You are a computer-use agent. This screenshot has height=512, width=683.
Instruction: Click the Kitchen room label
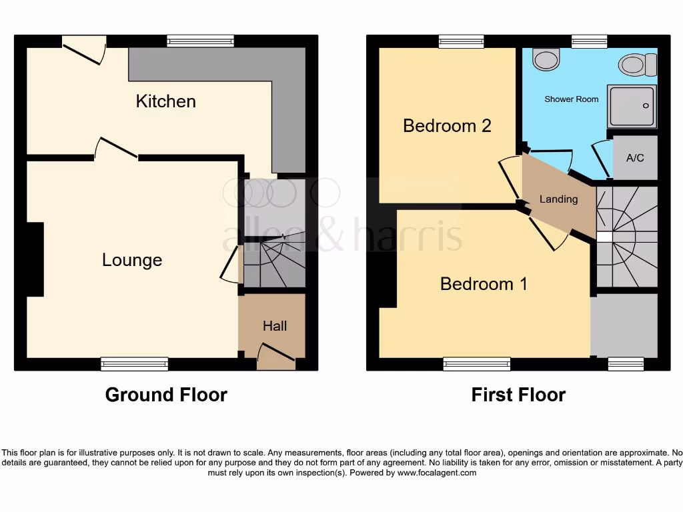point(165,101)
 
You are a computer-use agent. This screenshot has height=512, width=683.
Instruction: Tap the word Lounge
point(132,260)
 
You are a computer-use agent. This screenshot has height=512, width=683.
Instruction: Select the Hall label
point(275,326)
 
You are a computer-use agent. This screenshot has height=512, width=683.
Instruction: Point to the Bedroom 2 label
point(447,125)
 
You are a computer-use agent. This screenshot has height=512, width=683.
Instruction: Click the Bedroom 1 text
point(484,284)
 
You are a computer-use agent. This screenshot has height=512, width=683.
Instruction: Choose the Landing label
point(558,199)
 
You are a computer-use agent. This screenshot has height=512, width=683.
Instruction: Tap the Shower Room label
point(572,99)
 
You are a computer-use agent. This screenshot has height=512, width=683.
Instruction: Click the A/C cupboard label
point(635,159)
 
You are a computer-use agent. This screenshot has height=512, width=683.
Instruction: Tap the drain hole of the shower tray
point(646,105)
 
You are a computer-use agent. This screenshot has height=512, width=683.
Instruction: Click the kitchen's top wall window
point(201,41)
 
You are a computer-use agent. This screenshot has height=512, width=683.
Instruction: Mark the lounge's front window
point(134,364)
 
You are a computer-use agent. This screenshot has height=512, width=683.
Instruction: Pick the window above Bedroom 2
point(461,41)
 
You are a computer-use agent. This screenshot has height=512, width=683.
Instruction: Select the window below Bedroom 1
point(476,364)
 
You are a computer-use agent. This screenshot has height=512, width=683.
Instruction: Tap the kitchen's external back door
point(83,49)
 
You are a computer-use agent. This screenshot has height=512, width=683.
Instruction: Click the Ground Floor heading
point(166,395)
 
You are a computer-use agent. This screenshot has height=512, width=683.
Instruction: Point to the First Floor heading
point(518,395)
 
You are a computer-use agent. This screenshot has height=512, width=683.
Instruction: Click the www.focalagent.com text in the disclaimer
point(437,473)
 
